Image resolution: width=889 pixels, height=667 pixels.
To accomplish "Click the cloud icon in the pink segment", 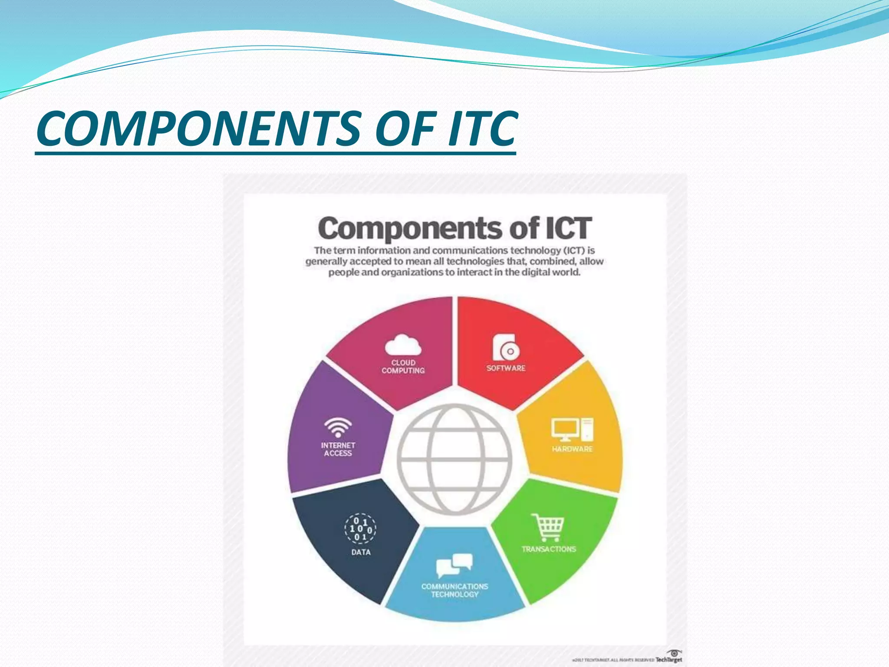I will (x=403, y=345).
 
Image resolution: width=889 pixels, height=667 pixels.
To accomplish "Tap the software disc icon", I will (x=506, y=348).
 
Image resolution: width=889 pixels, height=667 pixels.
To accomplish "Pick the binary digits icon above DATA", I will (x=360, y=529).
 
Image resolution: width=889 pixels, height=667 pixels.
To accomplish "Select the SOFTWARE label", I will (x=506, y=368).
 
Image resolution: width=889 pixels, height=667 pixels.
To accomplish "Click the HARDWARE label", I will (x=572, y=449).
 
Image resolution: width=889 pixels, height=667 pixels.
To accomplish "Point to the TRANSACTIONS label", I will (x=549, y=549).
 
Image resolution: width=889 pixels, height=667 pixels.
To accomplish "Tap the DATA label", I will (x=361, y=552).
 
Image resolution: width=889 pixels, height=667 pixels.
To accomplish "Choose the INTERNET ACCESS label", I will (x=338, y=449).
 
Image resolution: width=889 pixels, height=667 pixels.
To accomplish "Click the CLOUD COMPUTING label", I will (x=403, y=367).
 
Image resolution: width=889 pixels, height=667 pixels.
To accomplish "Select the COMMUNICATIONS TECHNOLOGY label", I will (x=454, y=591).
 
